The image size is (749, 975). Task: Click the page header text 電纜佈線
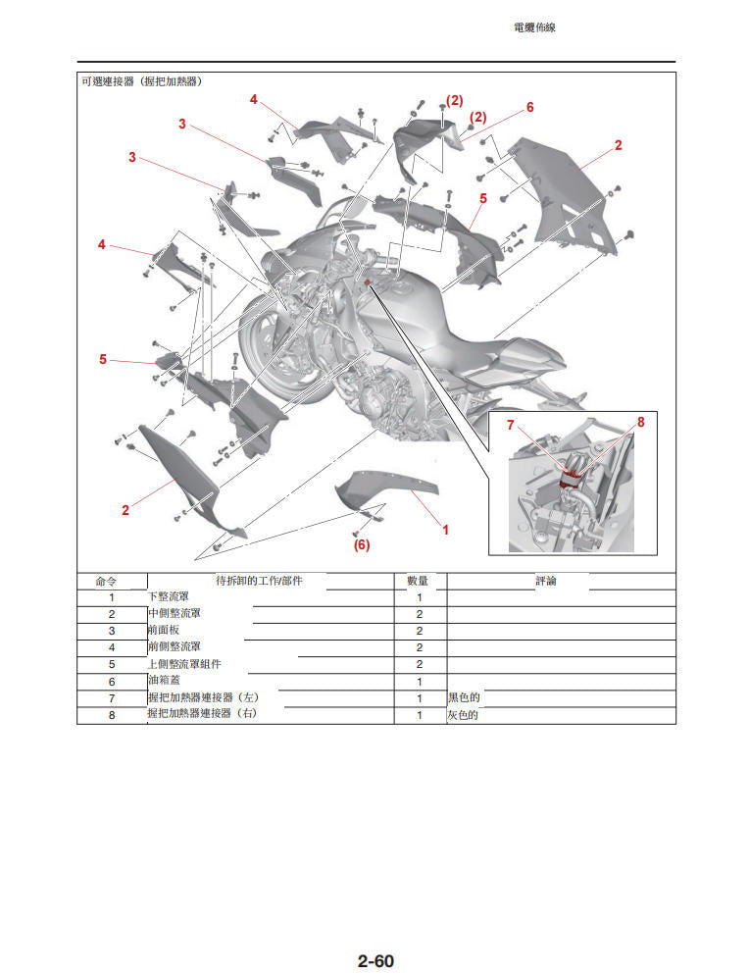[x=534, y=28]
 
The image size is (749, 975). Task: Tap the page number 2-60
[x=374, y=960]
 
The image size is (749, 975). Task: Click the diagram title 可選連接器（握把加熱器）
[x=141, y=81]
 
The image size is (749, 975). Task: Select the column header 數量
[x=419, y=581]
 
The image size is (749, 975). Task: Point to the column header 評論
[x=546, y=581]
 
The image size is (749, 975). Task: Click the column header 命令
[x=111, y=581]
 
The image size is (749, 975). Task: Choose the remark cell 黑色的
[x=464, y=697]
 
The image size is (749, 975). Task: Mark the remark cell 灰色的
[x=464, y=715]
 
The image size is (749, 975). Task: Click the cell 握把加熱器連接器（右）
[x=203, y=714]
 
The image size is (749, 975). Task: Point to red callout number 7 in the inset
[x=510, y=425]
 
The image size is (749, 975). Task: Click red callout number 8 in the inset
[x=641, y=422]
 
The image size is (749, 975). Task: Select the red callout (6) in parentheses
[x=362, y=544]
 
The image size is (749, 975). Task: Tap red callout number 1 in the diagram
[x=445, y=530]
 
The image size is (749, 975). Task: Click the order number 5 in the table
[x=111, y=664]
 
